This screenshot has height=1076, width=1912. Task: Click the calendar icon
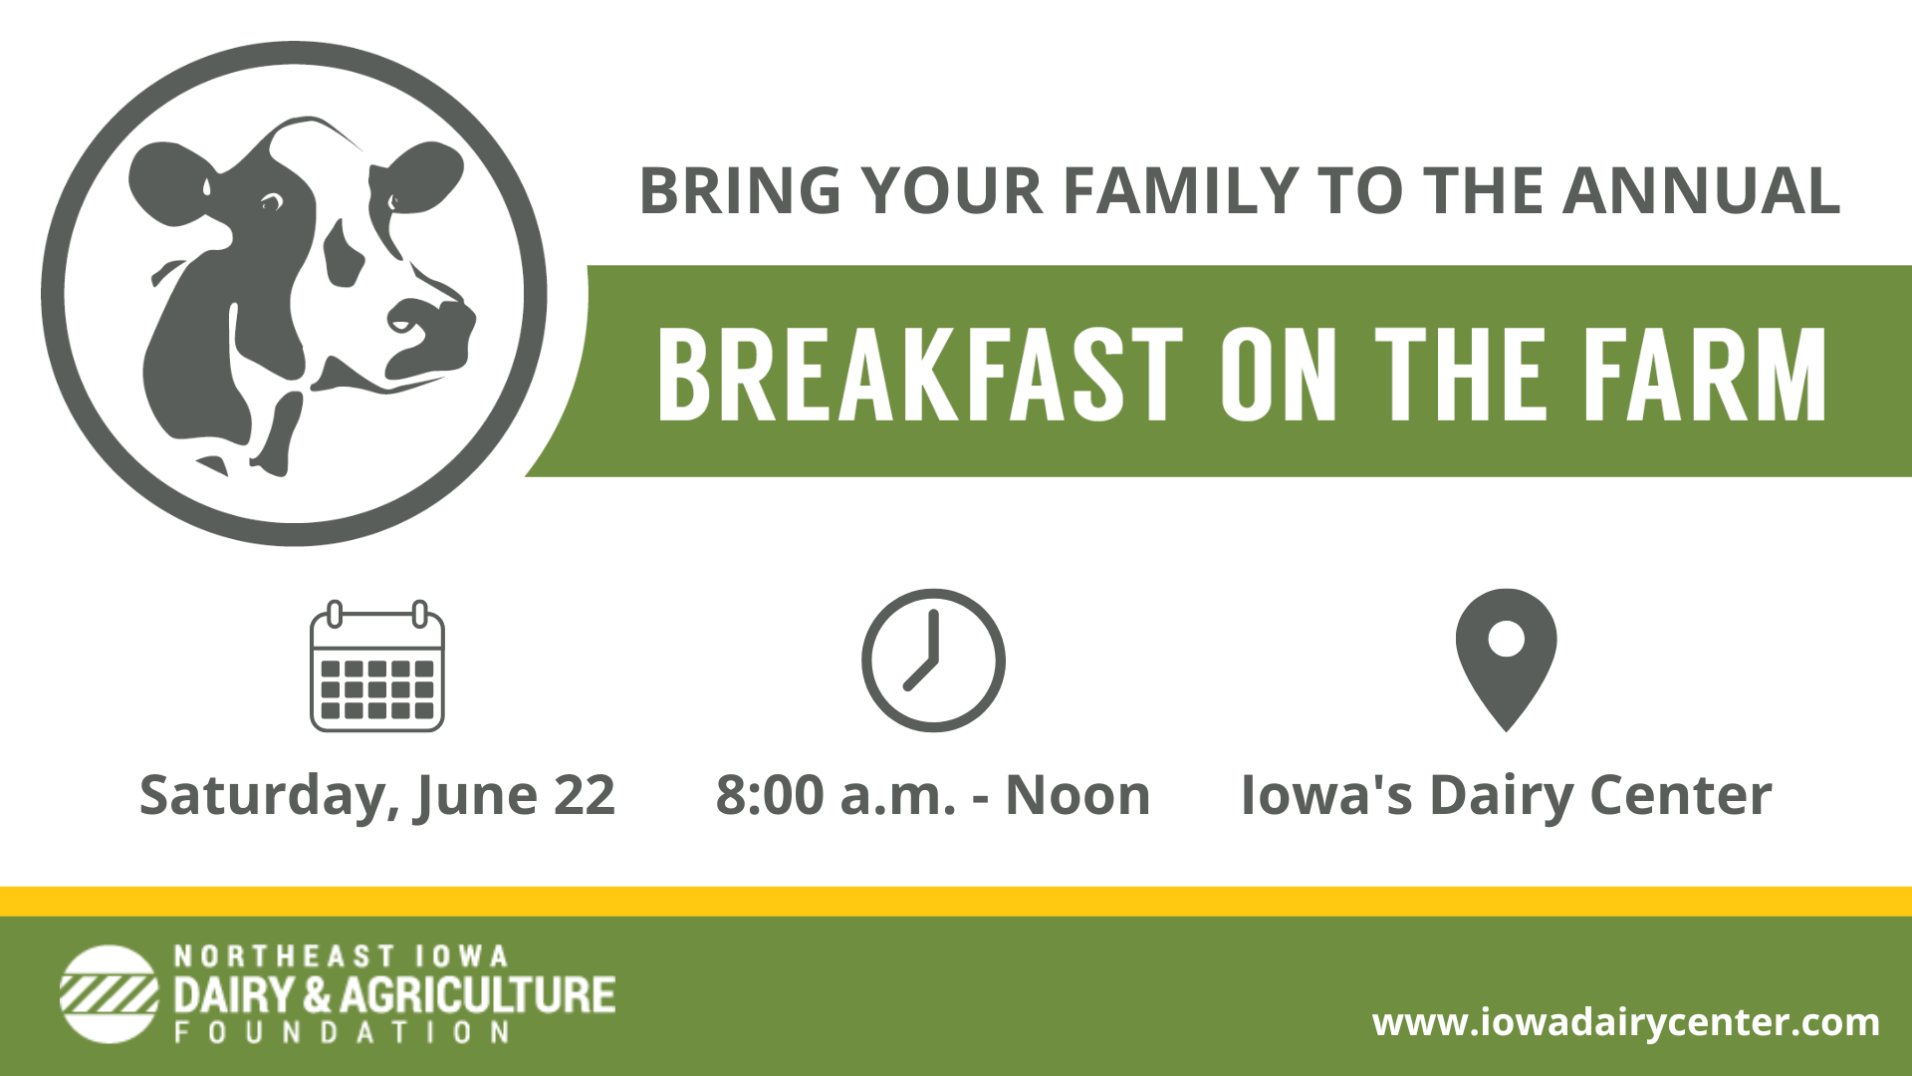(x=377, y=666)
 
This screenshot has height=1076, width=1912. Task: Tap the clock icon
(x=933, y=661)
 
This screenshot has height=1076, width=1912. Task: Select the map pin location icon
(x=1506, y=660)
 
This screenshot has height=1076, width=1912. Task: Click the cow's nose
(x=434, y=329)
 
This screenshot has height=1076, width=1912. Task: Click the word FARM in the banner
(x=1704, y=376)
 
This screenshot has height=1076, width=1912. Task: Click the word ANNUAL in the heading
(x=1701, y=190)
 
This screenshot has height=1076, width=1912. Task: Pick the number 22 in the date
(x=585, y=796)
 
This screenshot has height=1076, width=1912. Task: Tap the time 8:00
(x=770, y=796)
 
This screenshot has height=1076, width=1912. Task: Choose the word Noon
(x=1077, y=796)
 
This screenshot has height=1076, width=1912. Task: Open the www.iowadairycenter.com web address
(x=1626, y=1022)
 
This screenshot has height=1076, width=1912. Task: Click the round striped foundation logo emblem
(x=109, y=994)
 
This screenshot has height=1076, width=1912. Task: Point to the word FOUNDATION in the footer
(x=343, y=1032)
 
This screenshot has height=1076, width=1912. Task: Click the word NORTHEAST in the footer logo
(x=285, y=956)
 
